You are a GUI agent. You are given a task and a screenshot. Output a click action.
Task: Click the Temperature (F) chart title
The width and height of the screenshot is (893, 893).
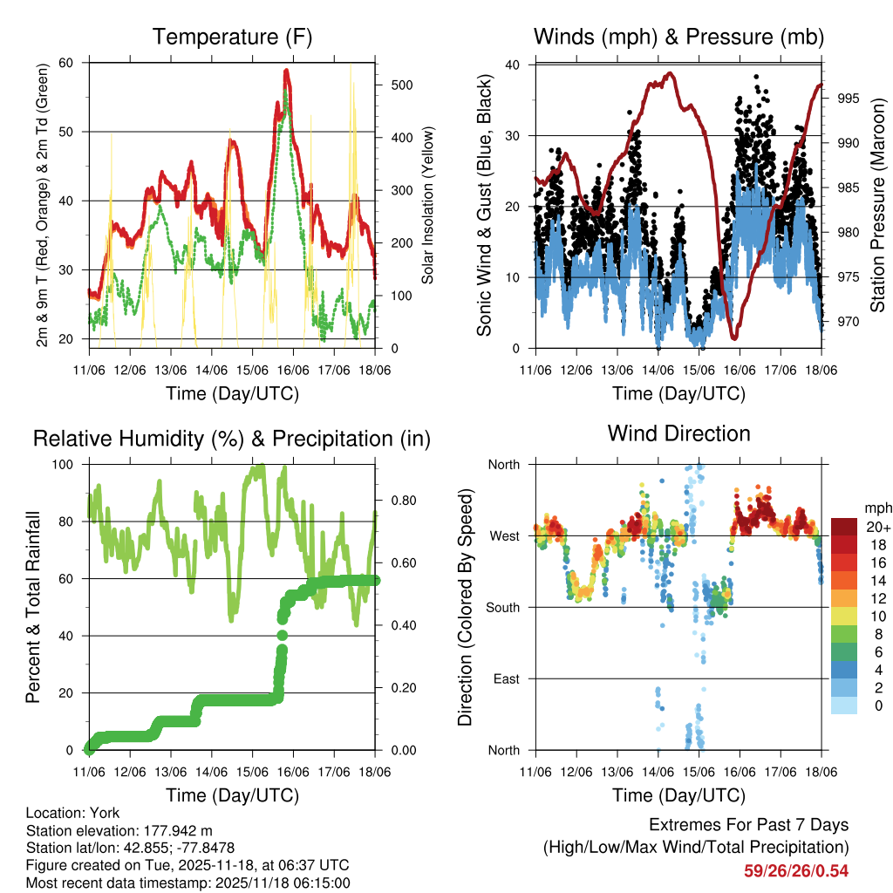pyautogui.click(x=232, y=37)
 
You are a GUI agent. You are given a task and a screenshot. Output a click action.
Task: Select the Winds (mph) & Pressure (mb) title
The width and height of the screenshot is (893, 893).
pyautogui.click(x=679, y=37)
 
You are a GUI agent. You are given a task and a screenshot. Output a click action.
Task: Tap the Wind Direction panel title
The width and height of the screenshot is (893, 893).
pyautogui.click(x=678, y=433)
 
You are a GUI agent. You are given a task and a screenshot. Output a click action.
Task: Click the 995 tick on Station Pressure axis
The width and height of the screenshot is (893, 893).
pyautogui.click(x=848, y=98)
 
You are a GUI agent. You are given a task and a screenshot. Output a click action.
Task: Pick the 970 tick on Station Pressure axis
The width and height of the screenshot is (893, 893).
pyautogui.click(x=848, y=322)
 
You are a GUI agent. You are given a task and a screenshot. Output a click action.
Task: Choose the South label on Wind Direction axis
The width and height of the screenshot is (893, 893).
pyautogui.click(x=503, y=607)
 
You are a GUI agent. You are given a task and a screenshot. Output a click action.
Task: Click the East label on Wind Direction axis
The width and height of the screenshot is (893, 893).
pyautogui.click(x=507, y=678)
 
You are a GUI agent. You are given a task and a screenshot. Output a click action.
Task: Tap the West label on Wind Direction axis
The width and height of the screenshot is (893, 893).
pyautogui.click(x=505, y=535)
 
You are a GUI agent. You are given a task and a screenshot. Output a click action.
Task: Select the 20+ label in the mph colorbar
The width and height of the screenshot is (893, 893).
pyautogui.click(x=877, y=526)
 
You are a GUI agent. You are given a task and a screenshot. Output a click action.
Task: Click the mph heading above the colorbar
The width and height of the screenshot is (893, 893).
pyautogui.click(x=876, y=508)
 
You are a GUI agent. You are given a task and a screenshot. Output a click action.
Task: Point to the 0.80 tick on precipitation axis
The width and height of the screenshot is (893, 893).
pyautogui.click(x=397, y=501)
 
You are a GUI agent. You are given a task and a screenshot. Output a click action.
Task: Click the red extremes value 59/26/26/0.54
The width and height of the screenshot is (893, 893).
pyautogui.click(x=795, y=870)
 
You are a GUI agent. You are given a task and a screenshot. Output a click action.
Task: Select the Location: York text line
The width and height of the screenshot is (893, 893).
pyautogui.click(x=73, y=813)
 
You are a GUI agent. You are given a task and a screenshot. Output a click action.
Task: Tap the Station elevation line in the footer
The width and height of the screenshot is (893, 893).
pyautogui.click(x=119, y=830)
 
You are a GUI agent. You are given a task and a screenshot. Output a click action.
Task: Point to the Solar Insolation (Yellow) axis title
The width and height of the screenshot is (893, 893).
pyautogui.click(x=427, y=206)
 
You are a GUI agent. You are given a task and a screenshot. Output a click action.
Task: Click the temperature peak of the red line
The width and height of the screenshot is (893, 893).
pyautogui.click(x=287, y=71)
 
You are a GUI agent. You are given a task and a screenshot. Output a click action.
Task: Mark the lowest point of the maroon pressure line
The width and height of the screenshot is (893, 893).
pyautogui.click(x=734, y=337)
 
